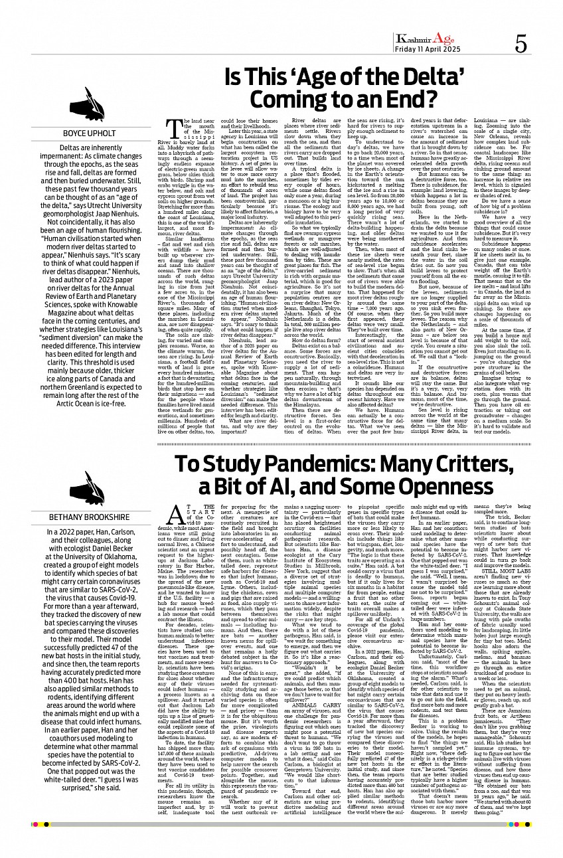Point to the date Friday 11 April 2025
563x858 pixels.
point(423,50)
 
